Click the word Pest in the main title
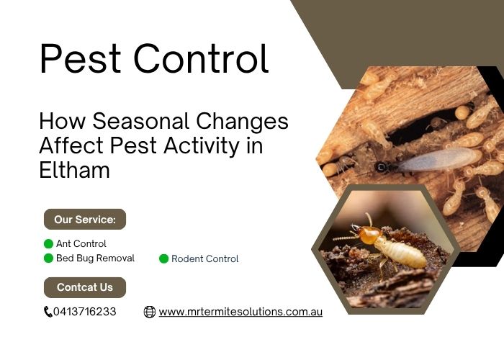[81, 58]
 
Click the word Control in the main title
[201, 58]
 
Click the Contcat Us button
[85, 287]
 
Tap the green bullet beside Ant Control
[48, 244]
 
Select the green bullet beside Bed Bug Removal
[48, 258]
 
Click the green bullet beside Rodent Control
[164, 258]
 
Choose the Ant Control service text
[81, 243]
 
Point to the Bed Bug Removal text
[95, 258]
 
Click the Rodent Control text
[204, 258]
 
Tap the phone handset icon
[48, 312]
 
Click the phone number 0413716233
[84, 312]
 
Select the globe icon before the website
[150, 312]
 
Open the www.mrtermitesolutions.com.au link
[240, 312]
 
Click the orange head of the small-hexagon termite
[369, 235]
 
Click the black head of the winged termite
[381, 167]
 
